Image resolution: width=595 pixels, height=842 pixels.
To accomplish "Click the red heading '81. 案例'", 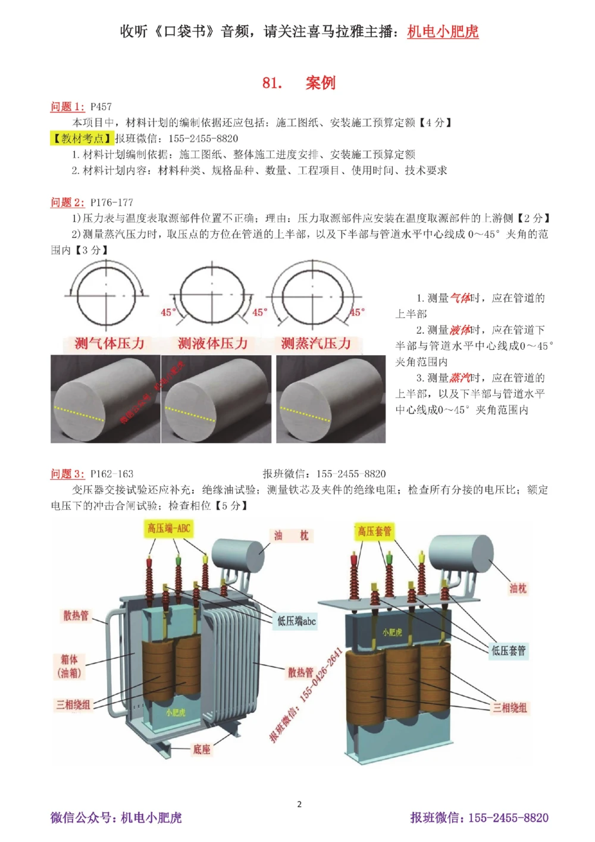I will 299,83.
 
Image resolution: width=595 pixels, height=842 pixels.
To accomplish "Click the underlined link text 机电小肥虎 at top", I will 443,32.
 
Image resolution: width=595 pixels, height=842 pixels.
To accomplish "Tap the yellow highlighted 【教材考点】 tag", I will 82,139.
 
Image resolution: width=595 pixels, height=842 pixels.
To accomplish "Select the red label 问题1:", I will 67,107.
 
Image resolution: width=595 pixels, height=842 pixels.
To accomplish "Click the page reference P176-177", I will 112,202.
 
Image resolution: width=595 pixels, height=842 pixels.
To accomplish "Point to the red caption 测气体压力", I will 109,343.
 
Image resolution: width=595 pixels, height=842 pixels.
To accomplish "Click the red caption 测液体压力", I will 212,343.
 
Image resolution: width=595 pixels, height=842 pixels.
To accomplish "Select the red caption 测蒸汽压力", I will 316,343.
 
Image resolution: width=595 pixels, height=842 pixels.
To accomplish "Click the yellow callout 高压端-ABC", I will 169,528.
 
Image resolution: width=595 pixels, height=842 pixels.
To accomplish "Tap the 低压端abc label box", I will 296,621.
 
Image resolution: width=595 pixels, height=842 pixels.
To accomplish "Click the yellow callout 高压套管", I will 374,531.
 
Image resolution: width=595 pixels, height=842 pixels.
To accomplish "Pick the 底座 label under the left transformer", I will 202,749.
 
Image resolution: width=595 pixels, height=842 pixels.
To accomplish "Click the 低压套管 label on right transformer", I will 509,650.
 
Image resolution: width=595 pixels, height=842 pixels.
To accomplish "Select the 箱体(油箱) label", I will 69,666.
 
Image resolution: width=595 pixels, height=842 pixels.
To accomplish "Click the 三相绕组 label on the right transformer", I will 509,708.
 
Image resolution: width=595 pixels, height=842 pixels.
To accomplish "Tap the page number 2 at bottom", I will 299,805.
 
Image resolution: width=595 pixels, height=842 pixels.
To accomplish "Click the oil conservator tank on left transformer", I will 238,555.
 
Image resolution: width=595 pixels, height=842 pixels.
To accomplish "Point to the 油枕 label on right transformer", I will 518,589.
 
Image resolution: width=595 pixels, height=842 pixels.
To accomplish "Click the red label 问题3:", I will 67,474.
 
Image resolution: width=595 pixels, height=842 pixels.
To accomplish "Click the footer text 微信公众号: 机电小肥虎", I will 116,818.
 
